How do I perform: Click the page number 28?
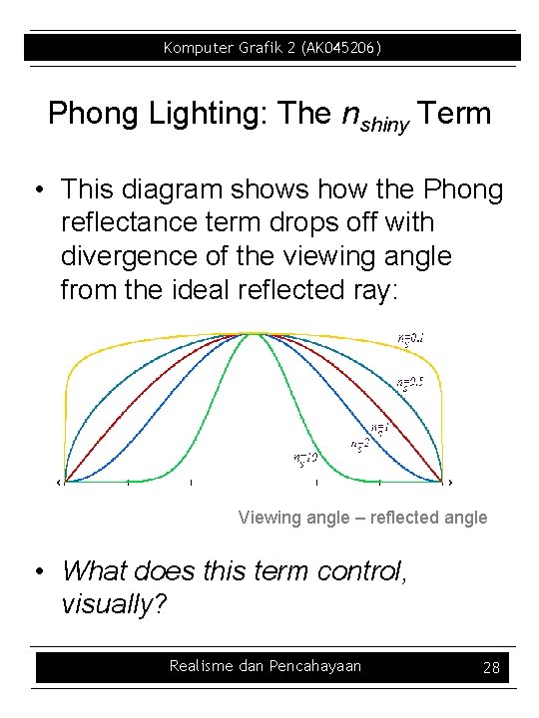coord(491,667)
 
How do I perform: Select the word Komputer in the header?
coord(198,47)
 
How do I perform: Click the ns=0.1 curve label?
coord(412,340)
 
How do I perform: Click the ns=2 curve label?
coord(361,442)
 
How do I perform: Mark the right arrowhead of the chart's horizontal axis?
coord(450,483)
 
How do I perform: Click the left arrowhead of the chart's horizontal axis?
coord(59,483)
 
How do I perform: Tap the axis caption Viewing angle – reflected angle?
coord(362,517)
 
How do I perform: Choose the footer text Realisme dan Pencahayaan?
coord(266,666)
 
